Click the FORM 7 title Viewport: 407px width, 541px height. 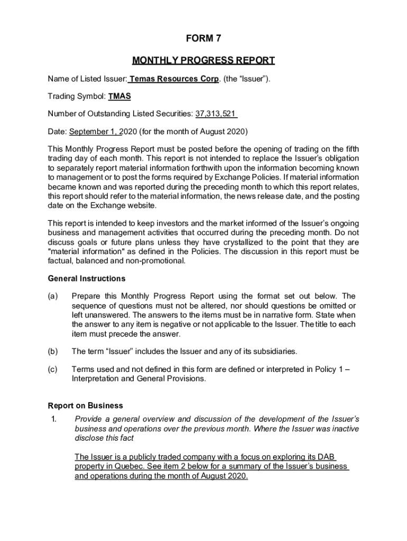click(x=203, y=39)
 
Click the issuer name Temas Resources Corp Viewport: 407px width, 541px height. click(x=174, y=79)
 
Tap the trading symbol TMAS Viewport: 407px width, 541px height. click(x=119, y=97)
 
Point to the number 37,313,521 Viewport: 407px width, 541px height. click(x=216, y=114)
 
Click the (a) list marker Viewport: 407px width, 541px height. click(x=53, y=296)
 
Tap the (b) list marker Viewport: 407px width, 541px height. click(x=53, y=351)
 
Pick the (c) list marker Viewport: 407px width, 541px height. click(x=53, y=369)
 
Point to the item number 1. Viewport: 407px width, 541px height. click(x=51, y=419)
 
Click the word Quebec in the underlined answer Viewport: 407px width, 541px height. click(x=125, y=467)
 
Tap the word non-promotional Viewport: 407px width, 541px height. click(x=159, y=260)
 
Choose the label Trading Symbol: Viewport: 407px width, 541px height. click(x=77, y=97)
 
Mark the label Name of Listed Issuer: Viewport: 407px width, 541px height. click(x=87, y=79)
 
